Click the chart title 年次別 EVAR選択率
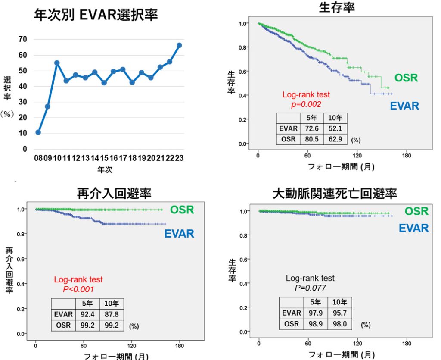[96, 16]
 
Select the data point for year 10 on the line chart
[57, 63]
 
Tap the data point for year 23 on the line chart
[179, 45]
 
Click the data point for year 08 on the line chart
[38, 132]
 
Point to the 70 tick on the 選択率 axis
[22, 39]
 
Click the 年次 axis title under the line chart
[105, 170]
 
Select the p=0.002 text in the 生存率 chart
[306, 104]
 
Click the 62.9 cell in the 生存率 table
[335, 139]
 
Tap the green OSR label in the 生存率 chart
[406, 78]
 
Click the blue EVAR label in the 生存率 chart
[404, 106]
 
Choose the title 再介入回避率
[114, 194]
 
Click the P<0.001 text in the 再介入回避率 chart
[78, 289]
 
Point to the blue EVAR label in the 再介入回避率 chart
[179, 234]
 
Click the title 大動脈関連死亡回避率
[335, 194]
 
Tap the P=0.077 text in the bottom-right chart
[310, 288]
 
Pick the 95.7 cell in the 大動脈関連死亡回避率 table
[340, 313]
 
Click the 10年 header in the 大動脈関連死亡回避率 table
[340, 302]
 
